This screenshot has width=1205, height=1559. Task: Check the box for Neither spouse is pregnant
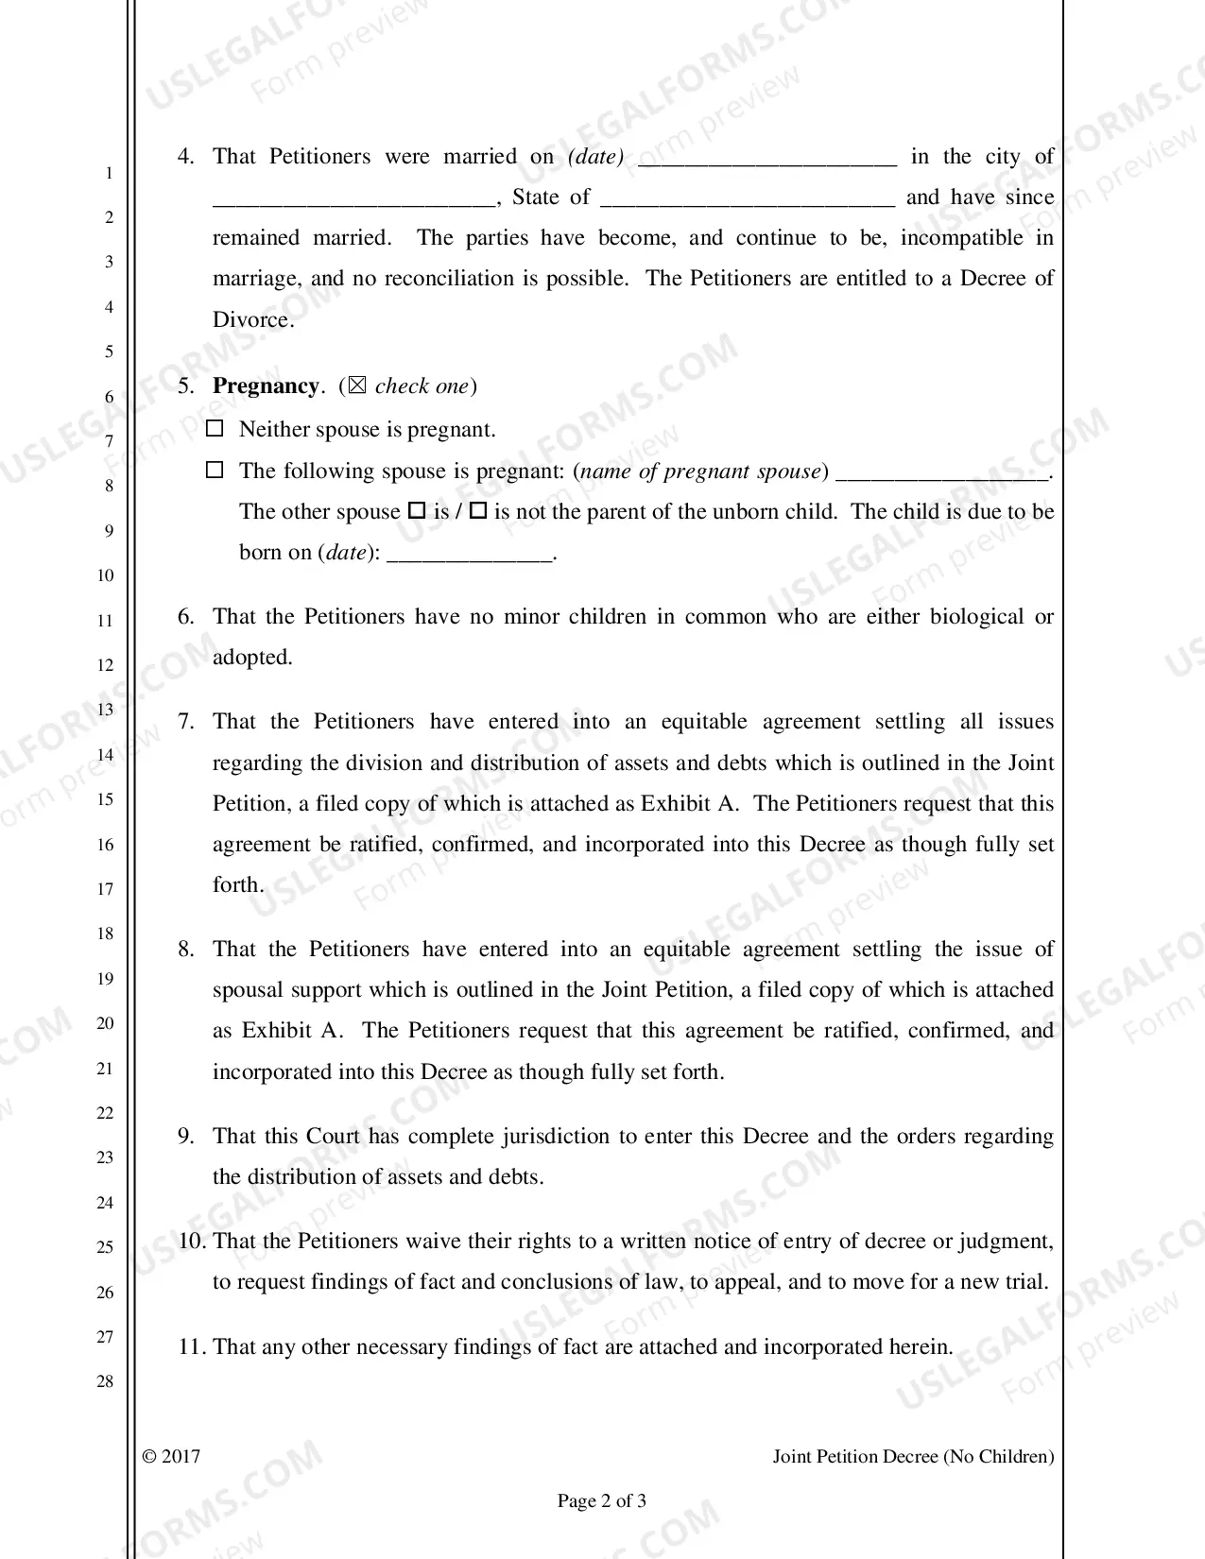215,429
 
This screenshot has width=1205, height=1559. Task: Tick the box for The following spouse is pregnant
215,470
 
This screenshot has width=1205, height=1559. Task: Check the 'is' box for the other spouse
417,511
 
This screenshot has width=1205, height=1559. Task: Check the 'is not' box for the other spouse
478,511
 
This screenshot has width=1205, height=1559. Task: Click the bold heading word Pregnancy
266,385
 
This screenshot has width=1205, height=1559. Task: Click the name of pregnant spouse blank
942,472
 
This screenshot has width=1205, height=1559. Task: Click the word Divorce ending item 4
251,319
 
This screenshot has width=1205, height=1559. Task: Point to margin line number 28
105,1381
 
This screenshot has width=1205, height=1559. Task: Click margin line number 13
105,710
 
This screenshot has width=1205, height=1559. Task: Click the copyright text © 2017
171,1456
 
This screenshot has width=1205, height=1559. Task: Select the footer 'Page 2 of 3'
602,1500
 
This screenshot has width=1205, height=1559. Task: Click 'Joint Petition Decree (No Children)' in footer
913,1456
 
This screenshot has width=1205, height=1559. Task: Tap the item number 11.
192,1346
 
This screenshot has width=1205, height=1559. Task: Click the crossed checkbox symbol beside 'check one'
356,385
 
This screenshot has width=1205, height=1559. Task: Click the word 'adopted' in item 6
252,658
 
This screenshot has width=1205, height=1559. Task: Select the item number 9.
186,1136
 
